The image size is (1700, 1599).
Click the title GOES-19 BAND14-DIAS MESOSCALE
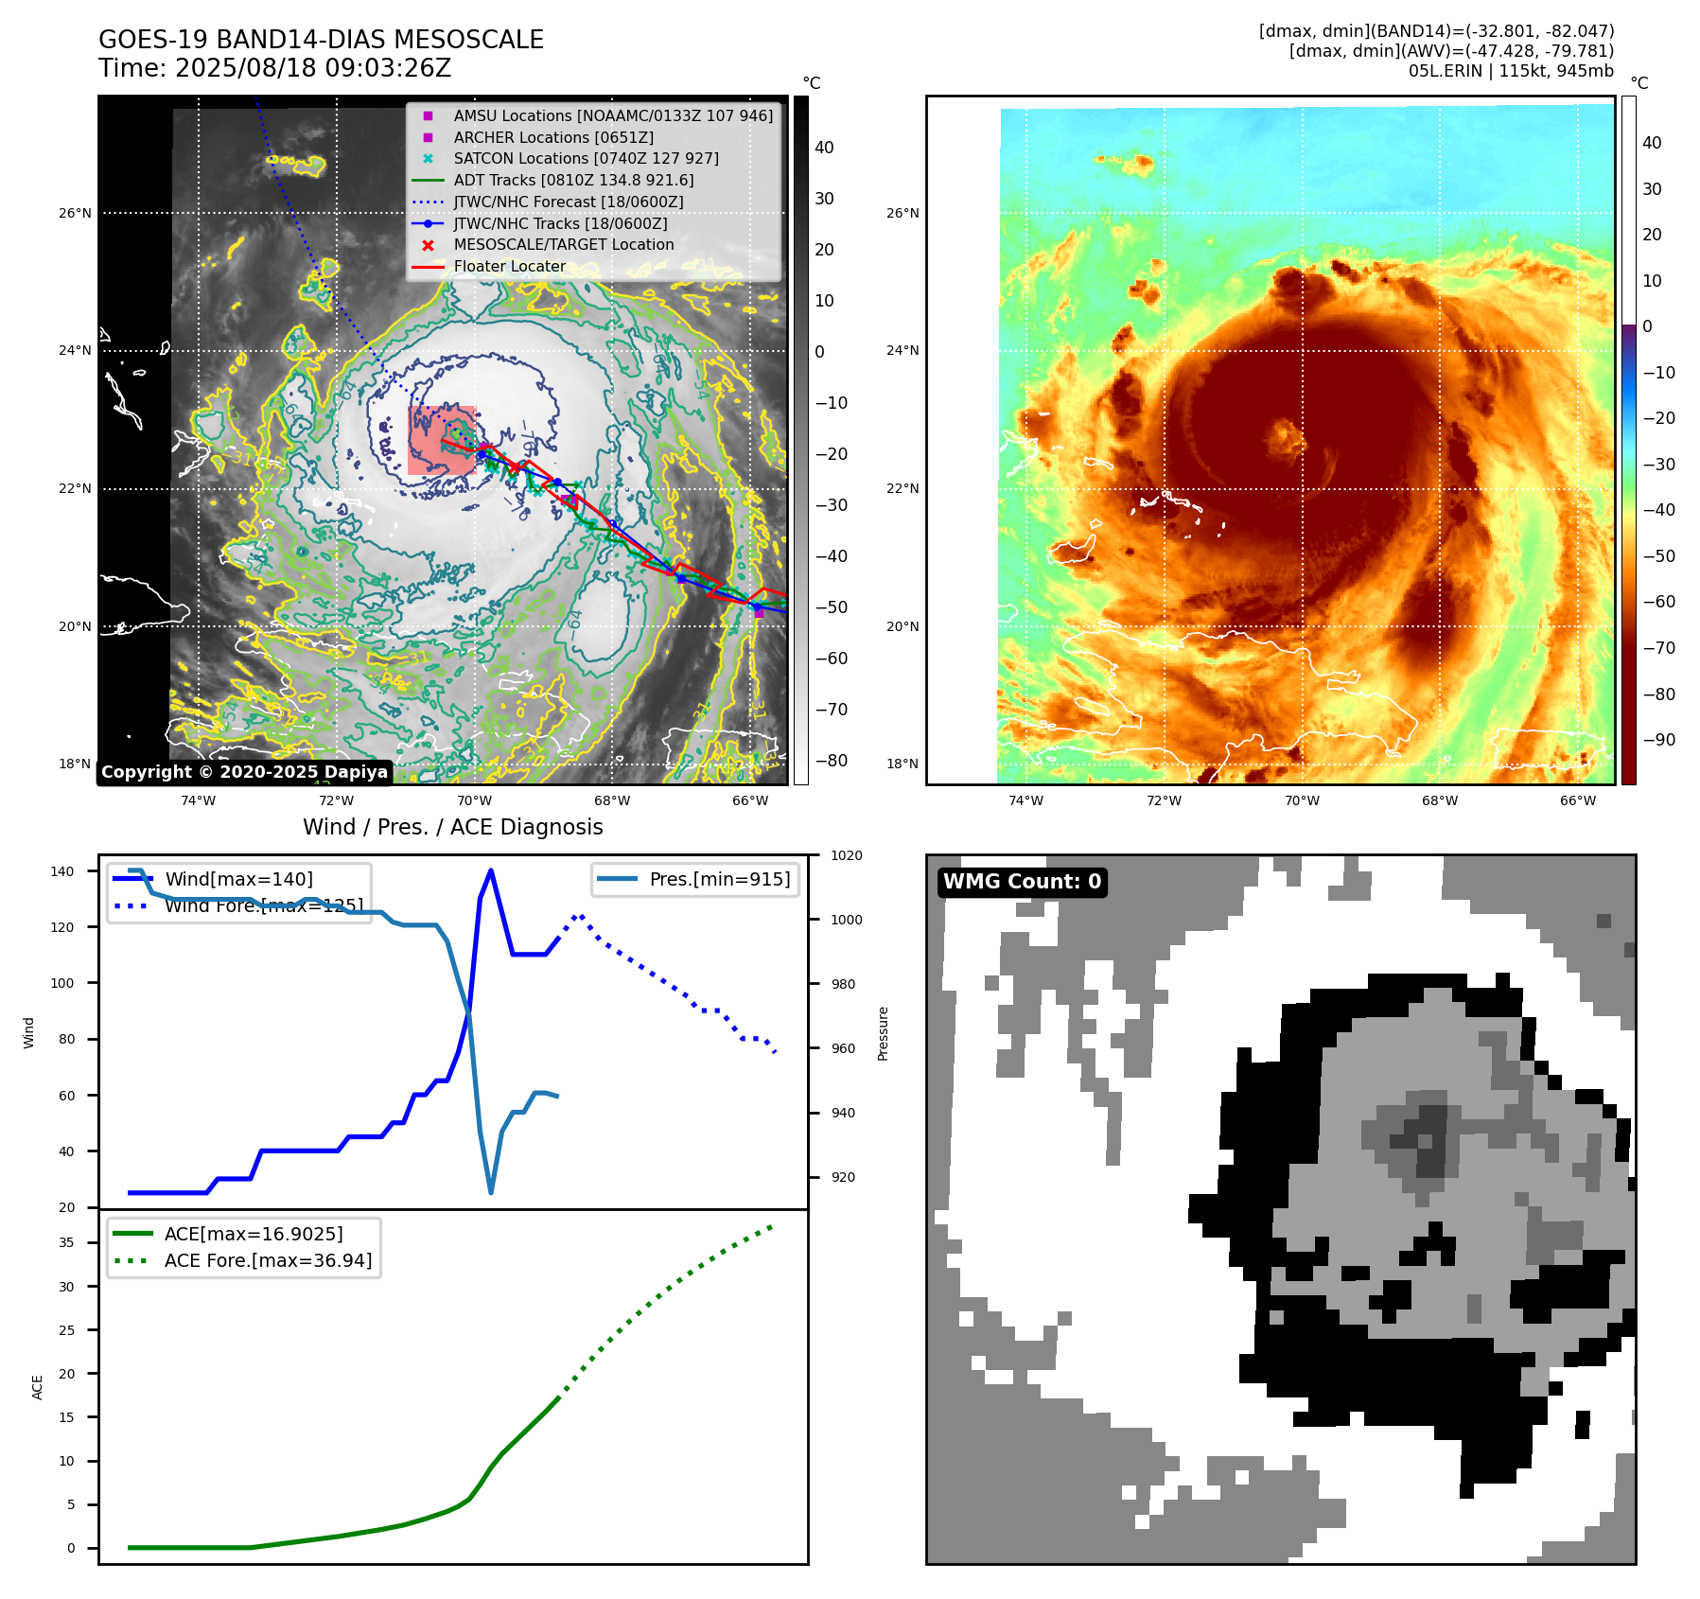pos(321,40)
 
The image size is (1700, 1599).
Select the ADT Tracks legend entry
pos(573,180)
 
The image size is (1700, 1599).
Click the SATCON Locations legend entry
pos(586,158)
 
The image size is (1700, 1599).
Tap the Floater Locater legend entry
pos(509,266)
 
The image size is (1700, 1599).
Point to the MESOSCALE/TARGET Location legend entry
pos(563,244)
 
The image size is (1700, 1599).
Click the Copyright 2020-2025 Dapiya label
pos(244,772)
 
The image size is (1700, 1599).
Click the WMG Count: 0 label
pos(1022,882)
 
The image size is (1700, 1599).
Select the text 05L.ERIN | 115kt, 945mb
pos(1511,71)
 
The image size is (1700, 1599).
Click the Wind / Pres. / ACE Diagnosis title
pos(452,827)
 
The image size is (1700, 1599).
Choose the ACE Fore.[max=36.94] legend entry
pos(268,1260)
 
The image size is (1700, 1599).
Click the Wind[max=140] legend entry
pos(238,879)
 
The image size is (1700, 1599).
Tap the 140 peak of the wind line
pos(490,870)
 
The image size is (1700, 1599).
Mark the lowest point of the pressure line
pos(491,1192)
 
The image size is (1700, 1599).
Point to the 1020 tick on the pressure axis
pos(846,855)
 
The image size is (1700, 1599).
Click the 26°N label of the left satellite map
pos(76,213)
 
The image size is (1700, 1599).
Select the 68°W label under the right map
pos(1439,800)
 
